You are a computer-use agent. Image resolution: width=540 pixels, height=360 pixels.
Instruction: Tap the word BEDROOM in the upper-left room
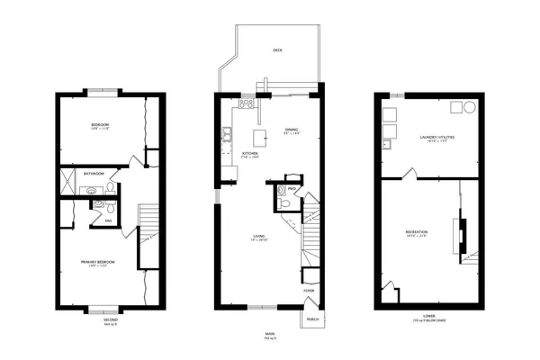click(100, 124)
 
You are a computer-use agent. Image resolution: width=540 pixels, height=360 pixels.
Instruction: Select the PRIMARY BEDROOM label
click(100, 262)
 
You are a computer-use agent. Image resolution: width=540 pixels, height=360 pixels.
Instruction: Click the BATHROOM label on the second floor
click(94, 173)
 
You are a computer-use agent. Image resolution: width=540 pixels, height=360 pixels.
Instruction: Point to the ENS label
click(108, 220)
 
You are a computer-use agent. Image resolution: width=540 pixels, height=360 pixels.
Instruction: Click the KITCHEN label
click(250, 153)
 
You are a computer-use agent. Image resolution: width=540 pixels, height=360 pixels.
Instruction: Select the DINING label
click(292, 130)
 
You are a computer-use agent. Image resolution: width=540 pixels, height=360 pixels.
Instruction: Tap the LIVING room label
click(257, 237)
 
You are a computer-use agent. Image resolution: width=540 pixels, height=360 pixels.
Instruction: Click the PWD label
click(292, 188)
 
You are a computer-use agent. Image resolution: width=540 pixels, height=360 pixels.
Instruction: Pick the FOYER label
click(309, 291)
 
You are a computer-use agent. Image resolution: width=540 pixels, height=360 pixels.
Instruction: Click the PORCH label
click(312, 319)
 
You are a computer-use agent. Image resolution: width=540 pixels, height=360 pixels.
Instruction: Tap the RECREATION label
click(416, 232)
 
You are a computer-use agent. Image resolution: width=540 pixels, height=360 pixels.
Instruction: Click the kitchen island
click(263, 137)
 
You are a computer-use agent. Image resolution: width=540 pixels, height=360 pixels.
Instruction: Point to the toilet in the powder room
click(283, 202)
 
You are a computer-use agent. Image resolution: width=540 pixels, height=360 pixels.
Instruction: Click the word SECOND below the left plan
click(109, 320)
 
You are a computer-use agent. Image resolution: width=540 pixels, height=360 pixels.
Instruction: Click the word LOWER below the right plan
click(428, 316)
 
